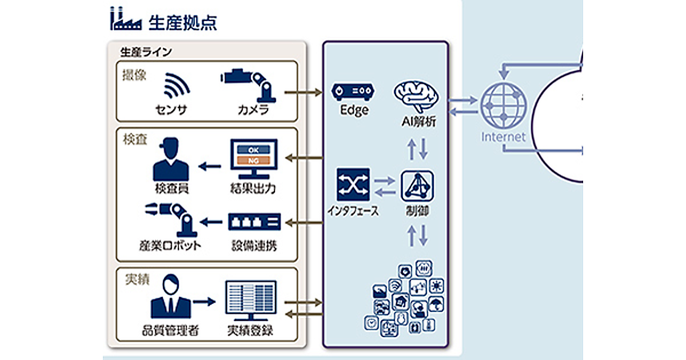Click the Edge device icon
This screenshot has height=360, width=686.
click(353, 92)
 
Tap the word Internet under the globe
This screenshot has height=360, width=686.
click(502, 137)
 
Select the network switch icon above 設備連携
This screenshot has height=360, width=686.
click(254, 221)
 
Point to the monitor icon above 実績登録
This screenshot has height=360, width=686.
click(250, 301)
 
